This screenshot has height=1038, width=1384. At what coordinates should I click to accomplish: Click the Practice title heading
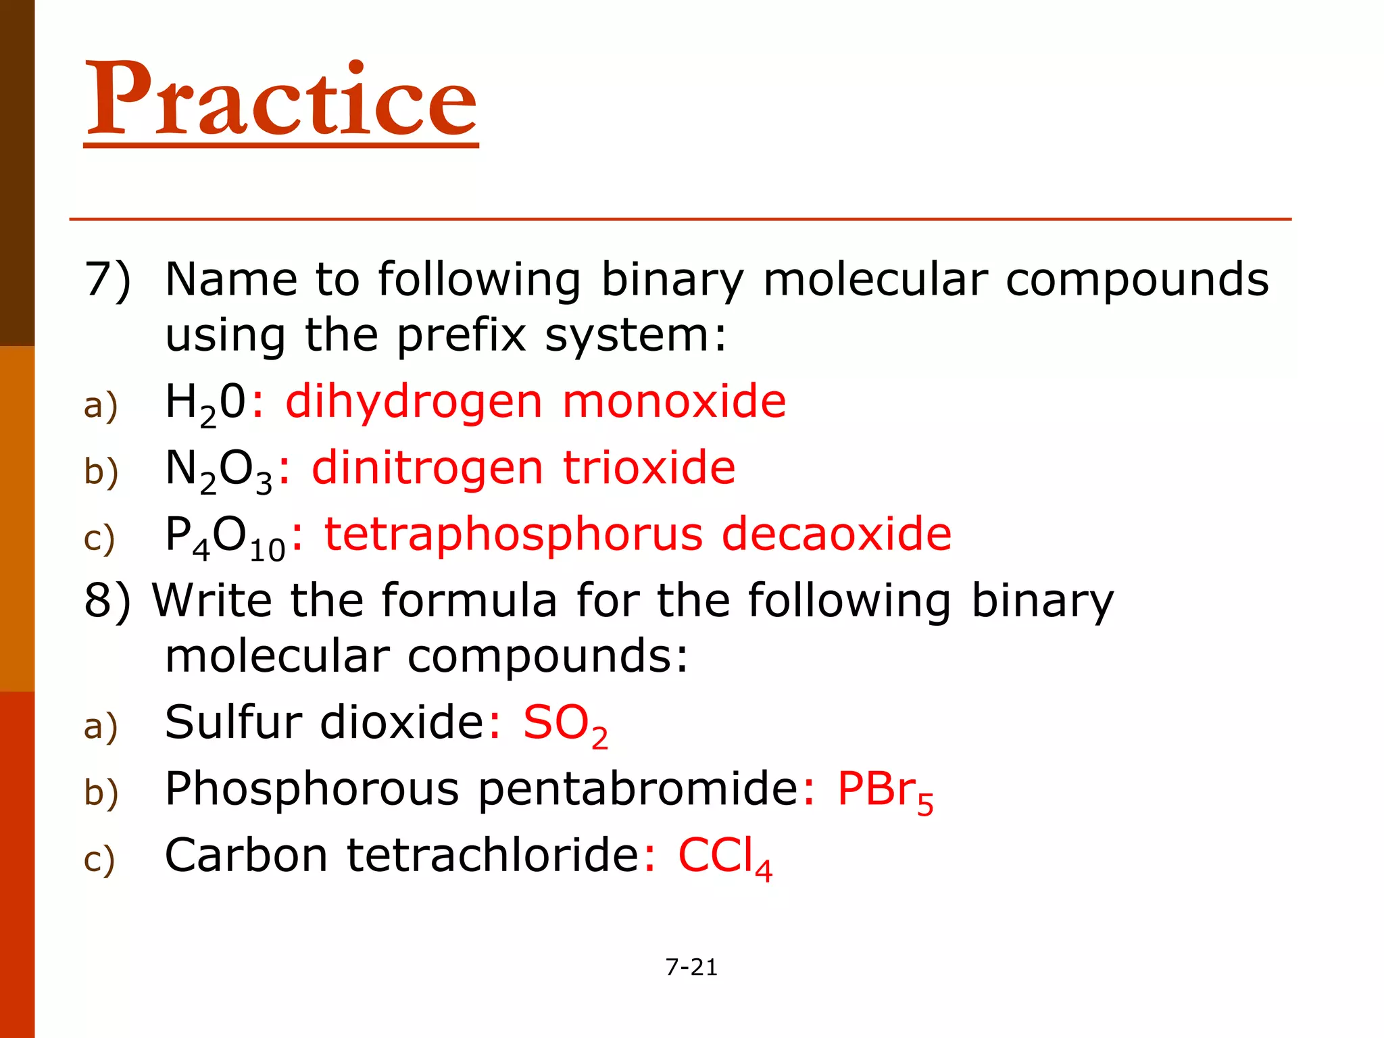point(281,100)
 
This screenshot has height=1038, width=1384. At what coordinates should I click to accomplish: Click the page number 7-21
point(691,967)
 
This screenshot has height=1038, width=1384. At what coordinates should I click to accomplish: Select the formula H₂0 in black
point(205,403)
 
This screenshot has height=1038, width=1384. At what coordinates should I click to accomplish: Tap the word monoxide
point(674,401)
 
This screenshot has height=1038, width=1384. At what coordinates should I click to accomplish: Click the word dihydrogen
point(414,403)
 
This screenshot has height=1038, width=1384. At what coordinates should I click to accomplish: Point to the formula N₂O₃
point(218,470)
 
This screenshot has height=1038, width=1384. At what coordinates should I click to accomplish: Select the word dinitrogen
point(427,468)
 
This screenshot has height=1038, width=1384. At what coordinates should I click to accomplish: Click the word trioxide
point(649,468)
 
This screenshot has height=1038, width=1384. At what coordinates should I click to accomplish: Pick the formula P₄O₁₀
point(225,537)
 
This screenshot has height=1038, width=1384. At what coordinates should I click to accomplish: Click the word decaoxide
point(837,535)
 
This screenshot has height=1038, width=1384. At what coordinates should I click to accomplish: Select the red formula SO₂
point(565,724)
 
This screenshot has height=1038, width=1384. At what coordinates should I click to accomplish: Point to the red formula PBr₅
point(885,791)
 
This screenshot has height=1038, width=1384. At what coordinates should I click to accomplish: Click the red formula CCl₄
point(724,857)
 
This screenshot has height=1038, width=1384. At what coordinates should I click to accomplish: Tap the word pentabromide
point(638,789)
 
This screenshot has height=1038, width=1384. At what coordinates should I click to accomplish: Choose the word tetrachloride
point(493,856)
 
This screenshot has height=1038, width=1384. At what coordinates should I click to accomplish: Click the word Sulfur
point(233,722)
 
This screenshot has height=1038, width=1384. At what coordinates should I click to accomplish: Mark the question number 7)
point(107,280)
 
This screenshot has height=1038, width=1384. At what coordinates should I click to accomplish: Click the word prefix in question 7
point(461,336)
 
